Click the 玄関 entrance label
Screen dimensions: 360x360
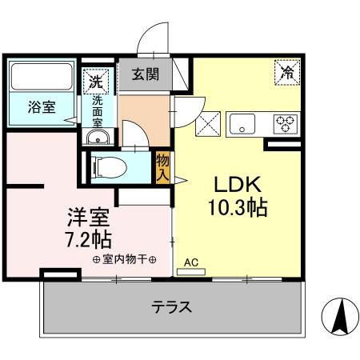tap(146, 74)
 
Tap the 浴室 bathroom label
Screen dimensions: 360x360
tap(42, 107)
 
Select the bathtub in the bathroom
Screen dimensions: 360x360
tap(42, 76)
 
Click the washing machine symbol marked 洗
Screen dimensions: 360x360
tap(96, 82)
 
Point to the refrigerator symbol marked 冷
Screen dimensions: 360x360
tap(288, 72)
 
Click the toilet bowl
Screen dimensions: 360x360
tap(110, 167)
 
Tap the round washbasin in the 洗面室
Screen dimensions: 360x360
tap(98, 137)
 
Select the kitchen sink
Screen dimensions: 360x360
tap(242, 124)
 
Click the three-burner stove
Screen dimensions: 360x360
tap(286, 124)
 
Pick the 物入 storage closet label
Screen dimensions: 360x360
tap(162, 168)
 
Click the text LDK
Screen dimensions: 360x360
tap(238, 185)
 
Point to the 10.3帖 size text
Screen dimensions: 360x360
tap(238, 207)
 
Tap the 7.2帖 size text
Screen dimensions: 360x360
tap(89, 239)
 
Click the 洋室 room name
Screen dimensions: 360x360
tap(88, 217)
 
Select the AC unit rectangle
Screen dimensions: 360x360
tap(191, 272)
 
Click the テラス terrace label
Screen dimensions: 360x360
tap(171, 306)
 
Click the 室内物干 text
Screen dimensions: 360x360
tap(125, 259)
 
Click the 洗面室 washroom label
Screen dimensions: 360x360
tap(98, 111)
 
